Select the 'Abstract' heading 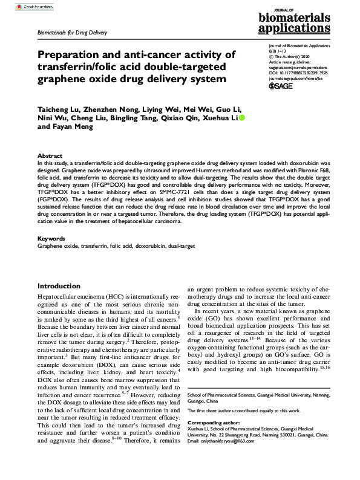point(50,155)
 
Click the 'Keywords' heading point(51,239)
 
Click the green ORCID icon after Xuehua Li point(243,118)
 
